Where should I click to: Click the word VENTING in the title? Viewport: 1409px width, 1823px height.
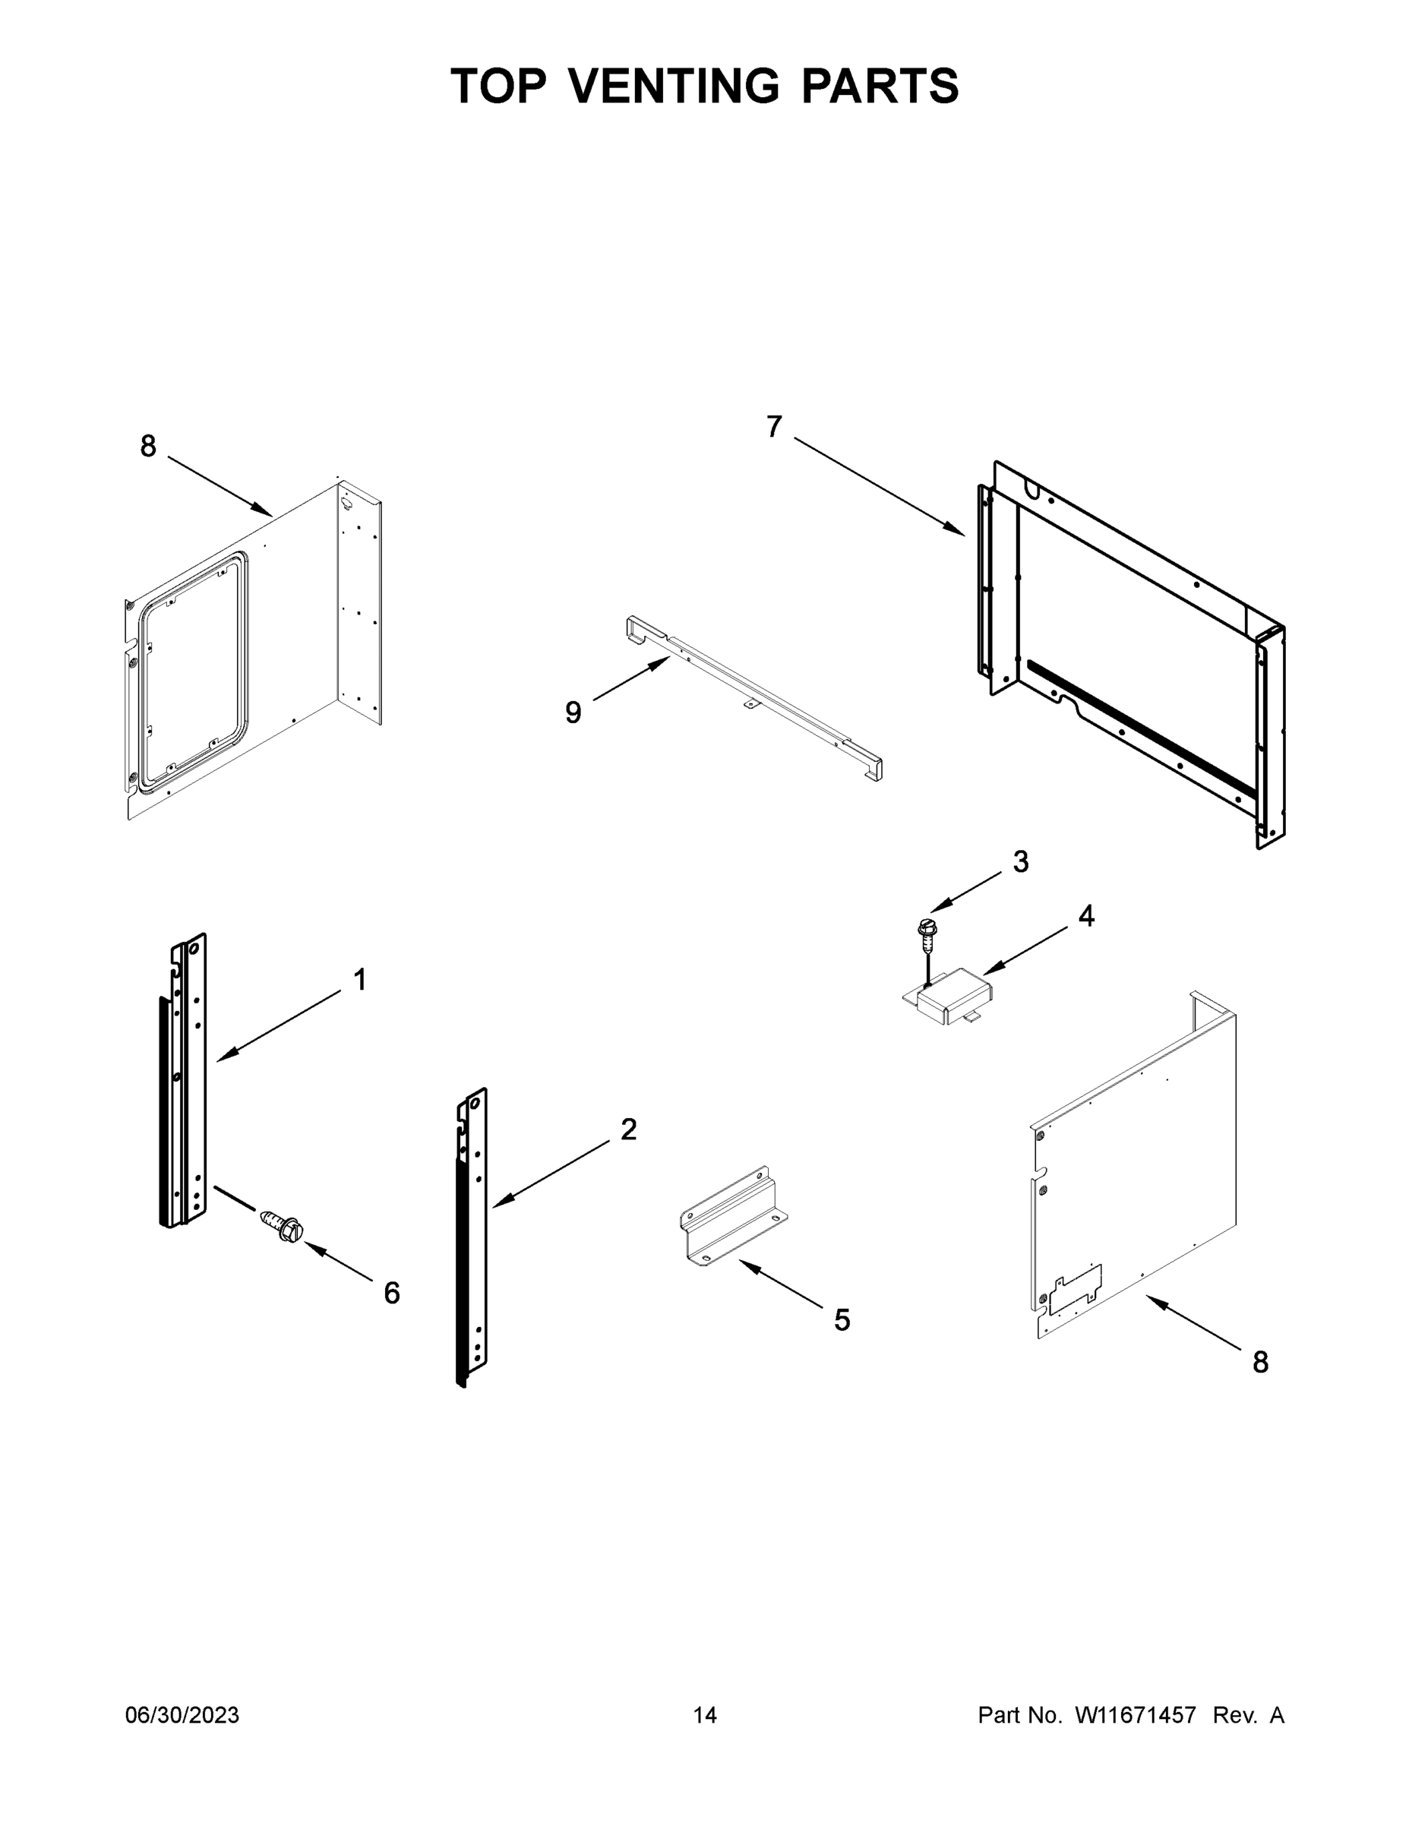(674, 86)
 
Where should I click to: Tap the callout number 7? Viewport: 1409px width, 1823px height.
(774, 428)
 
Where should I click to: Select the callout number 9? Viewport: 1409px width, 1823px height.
(573, 712)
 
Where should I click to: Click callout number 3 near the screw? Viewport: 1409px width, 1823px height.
(1020, 861)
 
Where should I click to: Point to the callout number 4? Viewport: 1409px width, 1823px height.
(1085, 917)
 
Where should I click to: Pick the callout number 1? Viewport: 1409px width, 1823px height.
(360, 980)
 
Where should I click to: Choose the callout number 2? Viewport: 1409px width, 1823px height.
(628, 1130)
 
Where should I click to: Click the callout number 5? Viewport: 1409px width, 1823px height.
(842, 1319)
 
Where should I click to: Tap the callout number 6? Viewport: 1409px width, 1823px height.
(391, 1293)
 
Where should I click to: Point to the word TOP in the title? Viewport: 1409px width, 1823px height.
(498, 86)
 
